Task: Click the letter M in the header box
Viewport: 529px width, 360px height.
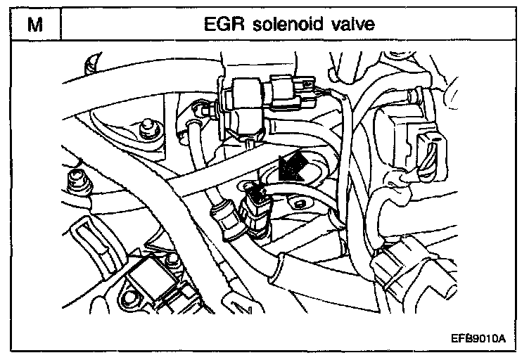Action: click(33, 25)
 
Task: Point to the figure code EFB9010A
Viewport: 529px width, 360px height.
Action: click(478, 338)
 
